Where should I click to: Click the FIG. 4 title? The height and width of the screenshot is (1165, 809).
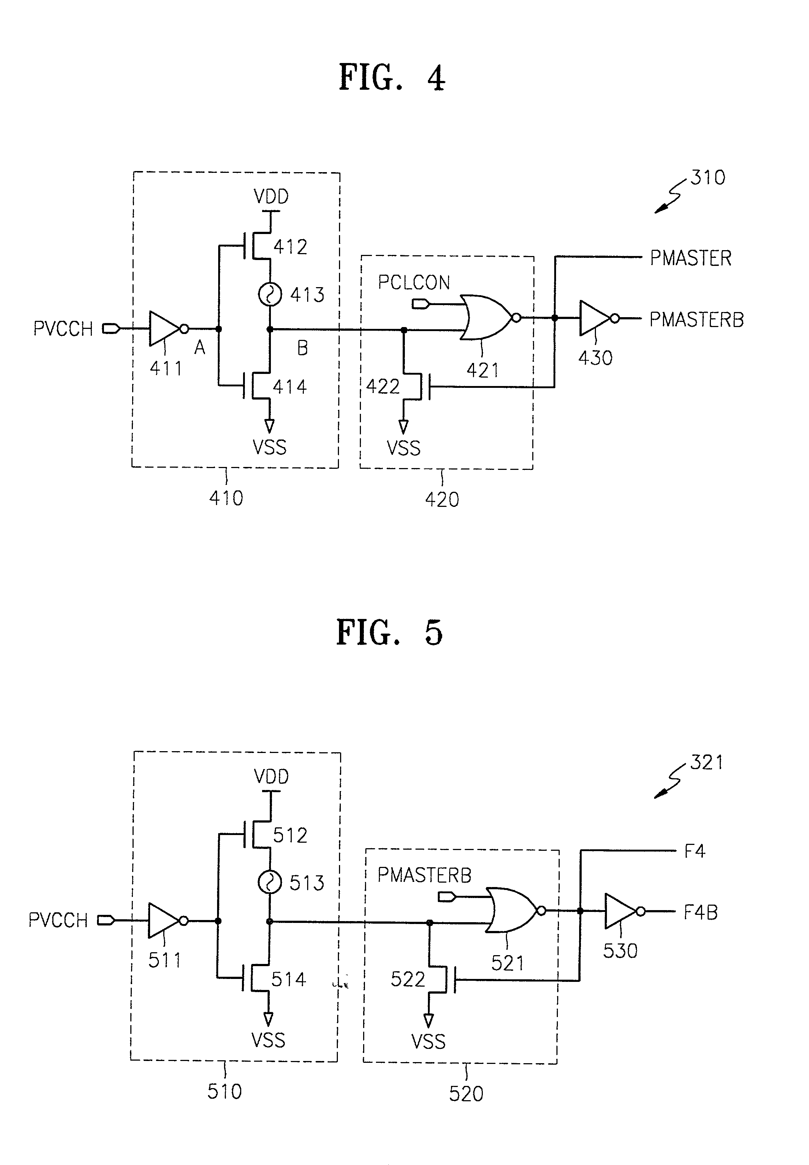[391, 78]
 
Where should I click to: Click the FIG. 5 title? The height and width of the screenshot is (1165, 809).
[389, 632]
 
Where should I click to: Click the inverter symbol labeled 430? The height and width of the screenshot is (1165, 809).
[595, 319]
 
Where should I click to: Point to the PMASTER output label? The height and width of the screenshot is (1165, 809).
[690, 258]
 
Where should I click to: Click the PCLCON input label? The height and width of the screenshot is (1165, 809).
[414, 282]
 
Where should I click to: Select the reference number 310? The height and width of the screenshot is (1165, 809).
[708, 178]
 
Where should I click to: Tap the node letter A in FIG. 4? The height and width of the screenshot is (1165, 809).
[200, 348]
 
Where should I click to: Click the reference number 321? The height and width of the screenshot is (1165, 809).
[707, 762]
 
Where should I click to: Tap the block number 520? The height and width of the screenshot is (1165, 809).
[466, 1094]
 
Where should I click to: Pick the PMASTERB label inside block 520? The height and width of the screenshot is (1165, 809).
[424, 875]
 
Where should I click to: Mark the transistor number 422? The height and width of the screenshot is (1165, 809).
[383, 387]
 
